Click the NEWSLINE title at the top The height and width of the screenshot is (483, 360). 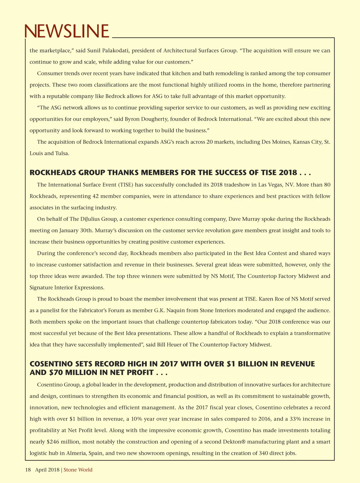pos(67,31)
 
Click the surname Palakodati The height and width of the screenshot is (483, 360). pos(115,50)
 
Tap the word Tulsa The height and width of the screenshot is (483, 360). pos(62,153)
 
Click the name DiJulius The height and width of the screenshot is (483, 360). pos(90,219)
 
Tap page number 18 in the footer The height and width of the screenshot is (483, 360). pos(28,470)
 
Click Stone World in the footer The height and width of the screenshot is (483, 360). pos(78,470)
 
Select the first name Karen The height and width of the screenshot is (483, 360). pos(267,299)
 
